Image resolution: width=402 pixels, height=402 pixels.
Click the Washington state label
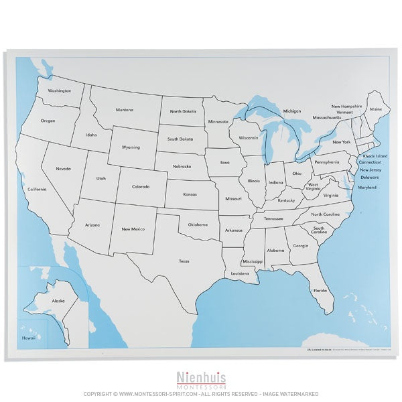60,90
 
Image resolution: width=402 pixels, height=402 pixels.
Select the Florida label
320,290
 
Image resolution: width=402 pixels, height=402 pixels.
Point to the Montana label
124,110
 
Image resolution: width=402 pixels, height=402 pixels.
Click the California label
37,190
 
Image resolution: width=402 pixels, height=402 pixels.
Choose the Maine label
376,109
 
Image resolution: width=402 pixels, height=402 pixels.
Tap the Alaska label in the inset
58,301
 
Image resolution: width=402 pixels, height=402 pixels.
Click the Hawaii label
28,338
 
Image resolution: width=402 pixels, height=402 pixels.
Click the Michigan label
291,111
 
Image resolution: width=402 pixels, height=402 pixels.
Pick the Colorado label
141,187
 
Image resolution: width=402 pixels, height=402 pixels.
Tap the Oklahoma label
198,224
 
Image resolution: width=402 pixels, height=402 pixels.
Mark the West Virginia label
313,187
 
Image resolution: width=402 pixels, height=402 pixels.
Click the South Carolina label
318,230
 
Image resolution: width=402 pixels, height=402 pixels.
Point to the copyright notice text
200,394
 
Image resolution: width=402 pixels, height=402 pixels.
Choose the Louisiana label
241,274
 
